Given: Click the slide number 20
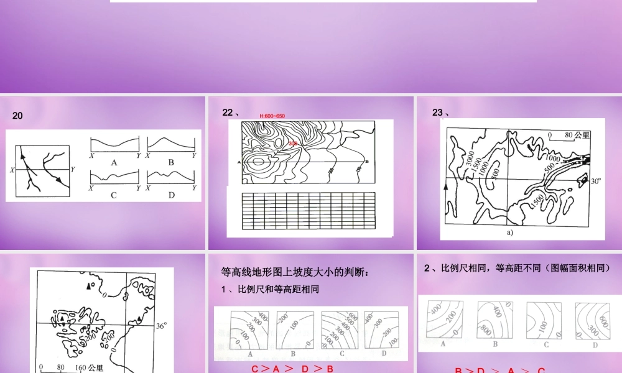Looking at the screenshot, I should click(x=17, y=116).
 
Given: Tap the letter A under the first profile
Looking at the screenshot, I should click(x=114, y=162).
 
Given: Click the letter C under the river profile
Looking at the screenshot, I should click(x=114, y=195).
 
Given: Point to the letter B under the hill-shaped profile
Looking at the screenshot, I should click(x=170, y=162).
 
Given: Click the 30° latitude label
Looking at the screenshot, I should click(x=595, y=182).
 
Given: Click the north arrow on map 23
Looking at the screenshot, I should click(x=446, y=186).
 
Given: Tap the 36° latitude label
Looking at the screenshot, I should click(x=161, y=325).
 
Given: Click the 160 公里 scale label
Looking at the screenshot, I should click(x=89, y=367).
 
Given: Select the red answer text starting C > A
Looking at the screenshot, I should click(x=292, y=369).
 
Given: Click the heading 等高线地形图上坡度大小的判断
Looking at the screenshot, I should click(x=295, y=272).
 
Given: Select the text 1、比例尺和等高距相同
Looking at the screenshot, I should click(x=270, y=289).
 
